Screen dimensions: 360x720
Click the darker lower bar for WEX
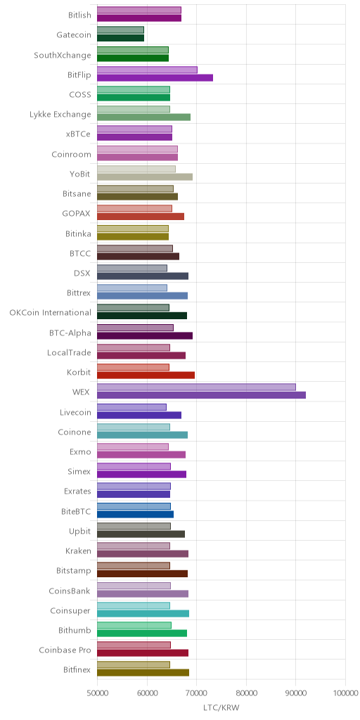coord(201,395)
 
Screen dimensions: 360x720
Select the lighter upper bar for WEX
coord(197,387)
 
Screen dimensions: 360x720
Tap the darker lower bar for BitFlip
coord(155,77)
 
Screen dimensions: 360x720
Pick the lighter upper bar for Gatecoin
coord(120,30)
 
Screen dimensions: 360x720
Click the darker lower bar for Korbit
coord(146,375)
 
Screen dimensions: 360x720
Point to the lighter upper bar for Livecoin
coord(131,407)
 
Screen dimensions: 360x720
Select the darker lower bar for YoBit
coord(145,176)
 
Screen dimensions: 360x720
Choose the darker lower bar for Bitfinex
coord(143,673)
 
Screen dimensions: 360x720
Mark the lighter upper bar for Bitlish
coord(139,10)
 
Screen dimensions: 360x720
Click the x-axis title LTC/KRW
coord(221,707)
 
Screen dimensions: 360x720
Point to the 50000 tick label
coord(97,693)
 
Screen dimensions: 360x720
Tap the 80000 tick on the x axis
coord(246,693)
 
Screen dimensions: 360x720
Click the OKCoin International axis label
coord(50,313)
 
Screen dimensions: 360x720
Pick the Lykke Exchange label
coord(60,115)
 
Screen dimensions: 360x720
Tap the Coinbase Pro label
coord(65,650)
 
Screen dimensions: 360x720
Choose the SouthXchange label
coord(63,56)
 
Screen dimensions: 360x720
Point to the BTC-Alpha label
coord(70,333)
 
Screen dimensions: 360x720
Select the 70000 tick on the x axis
coord(197,693)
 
